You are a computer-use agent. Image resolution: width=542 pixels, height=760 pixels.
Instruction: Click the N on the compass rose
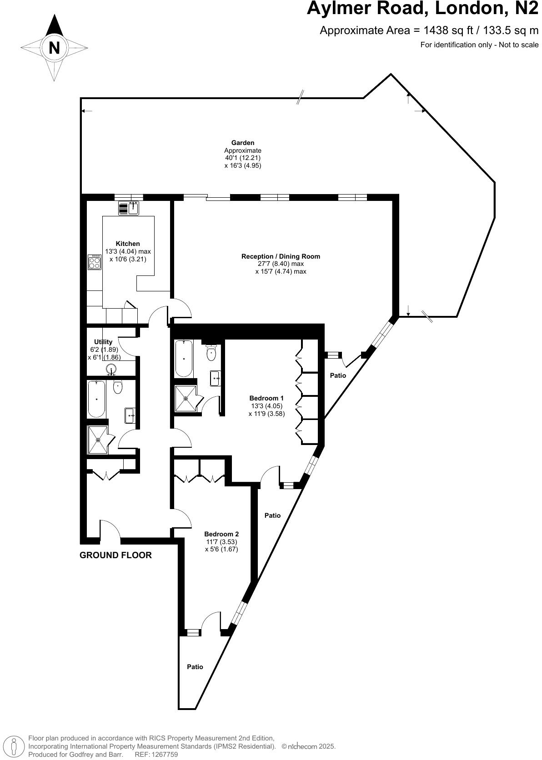click(54, 48)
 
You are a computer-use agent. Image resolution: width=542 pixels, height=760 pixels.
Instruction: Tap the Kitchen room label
click(128, 244)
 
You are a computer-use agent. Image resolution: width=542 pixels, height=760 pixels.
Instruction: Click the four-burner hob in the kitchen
click(95, 262)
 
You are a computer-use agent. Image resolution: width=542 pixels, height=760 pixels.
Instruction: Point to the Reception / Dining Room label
click(281, 256)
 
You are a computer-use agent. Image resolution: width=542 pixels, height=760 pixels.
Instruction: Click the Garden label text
click(243, 143)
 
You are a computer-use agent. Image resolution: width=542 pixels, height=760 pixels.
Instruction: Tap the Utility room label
click(103, 342)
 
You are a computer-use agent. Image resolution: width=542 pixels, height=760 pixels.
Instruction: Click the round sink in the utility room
click(111, 369)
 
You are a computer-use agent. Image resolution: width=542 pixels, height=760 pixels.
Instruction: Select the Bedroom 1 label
click(266, 398)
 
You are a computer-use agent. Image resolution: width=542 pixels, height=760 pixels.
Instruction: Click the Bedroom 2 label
click(221, 534)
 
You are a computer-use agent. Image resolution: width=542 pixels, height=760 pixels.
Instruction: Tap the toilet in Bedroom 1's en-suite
click(211, 353)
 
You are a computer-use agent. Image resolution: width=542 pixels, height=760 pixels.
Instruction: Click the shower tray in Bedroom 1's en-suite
click(186, 399)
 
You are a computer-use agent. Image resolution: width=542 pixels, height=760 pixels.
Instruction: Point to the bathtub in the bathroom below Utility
click(96, 399)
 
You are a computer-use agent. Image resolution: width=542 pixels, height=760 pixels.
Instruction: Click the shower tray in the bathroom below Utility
click(98, 440)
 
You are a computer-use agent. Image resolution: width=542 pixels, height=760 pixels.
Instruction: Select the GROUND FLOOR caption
click(115, 555)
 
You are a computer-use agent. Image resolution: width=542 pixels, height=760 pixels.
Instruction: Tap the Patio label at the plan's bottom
click(195, 667)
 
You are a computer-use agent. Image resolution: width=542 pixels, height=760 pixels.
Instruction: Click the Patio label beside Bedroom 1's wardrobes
click(338, 375)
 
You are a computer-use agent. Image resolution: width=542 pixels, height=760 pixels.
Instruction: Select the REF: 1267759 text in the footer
click(156, 755)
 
